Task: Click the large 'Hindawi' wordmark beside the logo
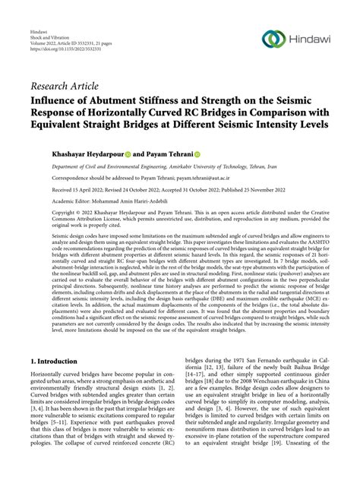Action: [311, 39]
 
